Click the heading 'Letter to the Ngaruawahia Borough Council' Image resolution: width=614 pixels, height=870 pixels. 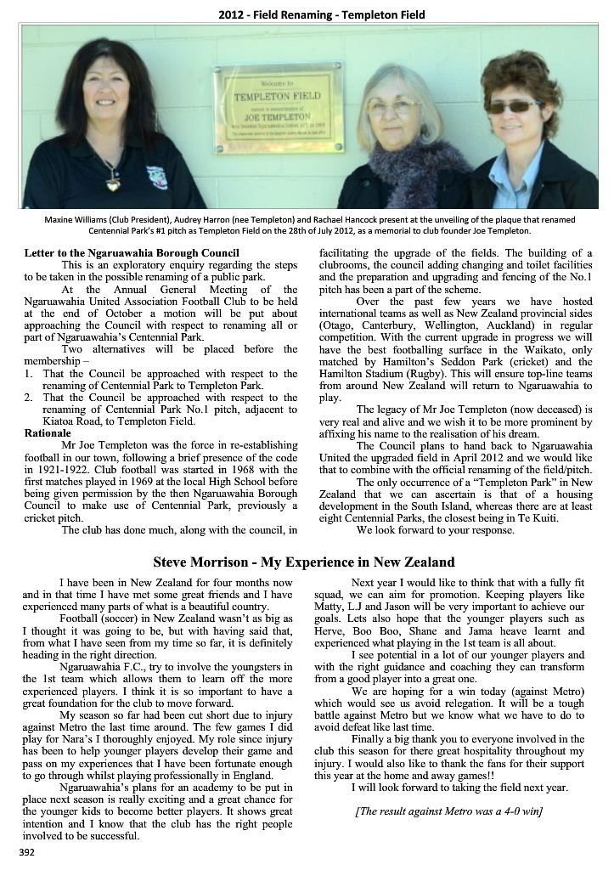132,253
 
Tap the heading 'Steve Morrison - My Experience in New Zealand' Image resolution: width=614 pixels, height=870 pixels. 303,562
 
